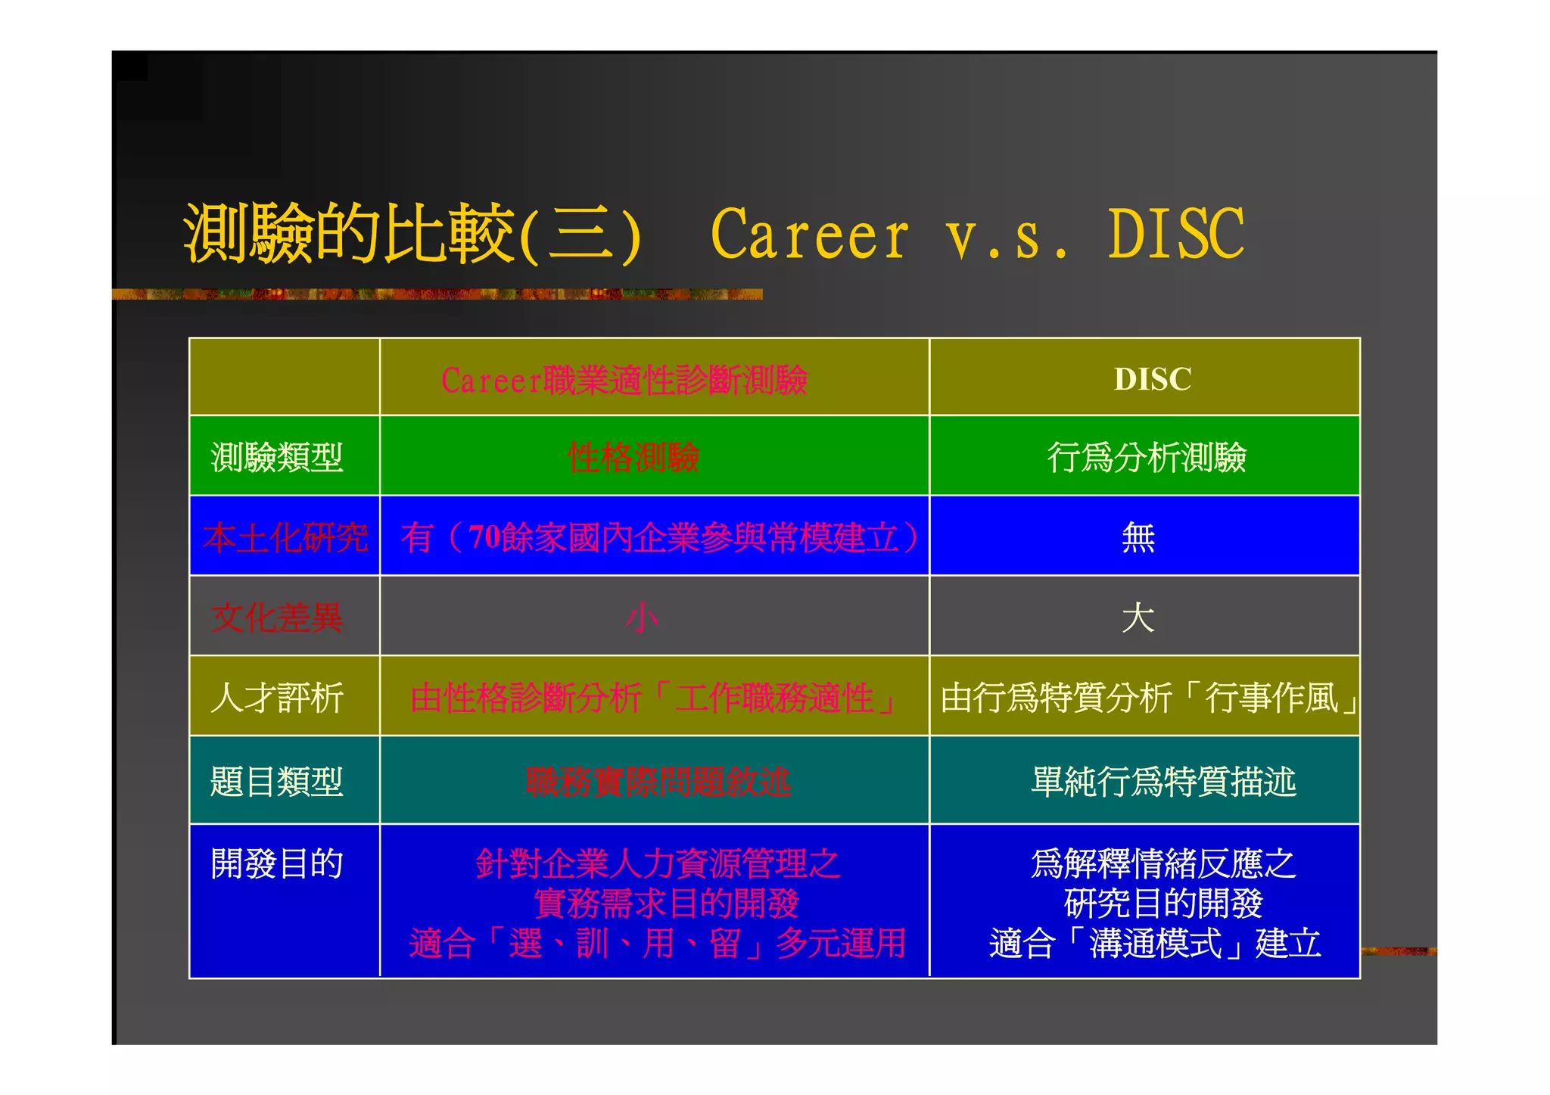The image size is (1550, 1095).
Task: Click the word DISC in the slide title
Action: (x=1175, y=234)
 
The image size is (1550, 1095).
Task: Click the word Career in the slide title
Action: (x=809, y=235)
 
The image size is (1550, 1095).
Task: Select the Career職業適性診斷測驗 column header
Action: (x=624, y=380)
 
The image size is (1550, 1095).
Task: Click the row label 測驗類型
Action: (x=277, y=457)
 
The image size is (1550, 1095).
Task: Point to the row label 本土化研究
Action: (x=285, y=537)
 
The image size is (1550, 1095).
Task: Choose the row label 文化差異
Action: (x=277, y=617)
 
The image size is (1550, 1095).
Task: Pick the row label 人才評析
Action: (x=277, y=697)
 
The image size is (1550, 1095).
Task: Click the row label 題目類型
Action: (x=277, y=782)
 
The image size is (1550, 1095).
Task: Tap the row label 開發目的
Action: (x=277, y=863)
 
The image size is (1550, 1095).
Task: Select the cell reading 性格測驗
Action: (x=633, y=457)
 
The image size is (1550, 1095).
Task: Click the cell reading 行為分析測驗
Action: (x=1146, y=457)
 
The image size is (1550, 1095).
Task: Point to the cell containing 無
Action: (x=1138, y=537)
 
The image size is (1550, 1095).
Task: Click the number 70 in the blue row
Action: (x=484, y=537)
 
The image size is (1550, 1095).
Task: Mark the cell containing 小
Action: (x=642, y=617)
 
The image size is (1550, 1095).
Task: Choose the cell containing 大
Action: (x=1138, y=617)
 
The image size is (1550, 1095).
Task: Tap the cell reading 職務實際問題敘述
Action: (x=658, y=782)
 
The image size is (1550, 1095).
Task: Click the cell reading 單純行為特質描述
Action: (x=1163, y=782)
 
